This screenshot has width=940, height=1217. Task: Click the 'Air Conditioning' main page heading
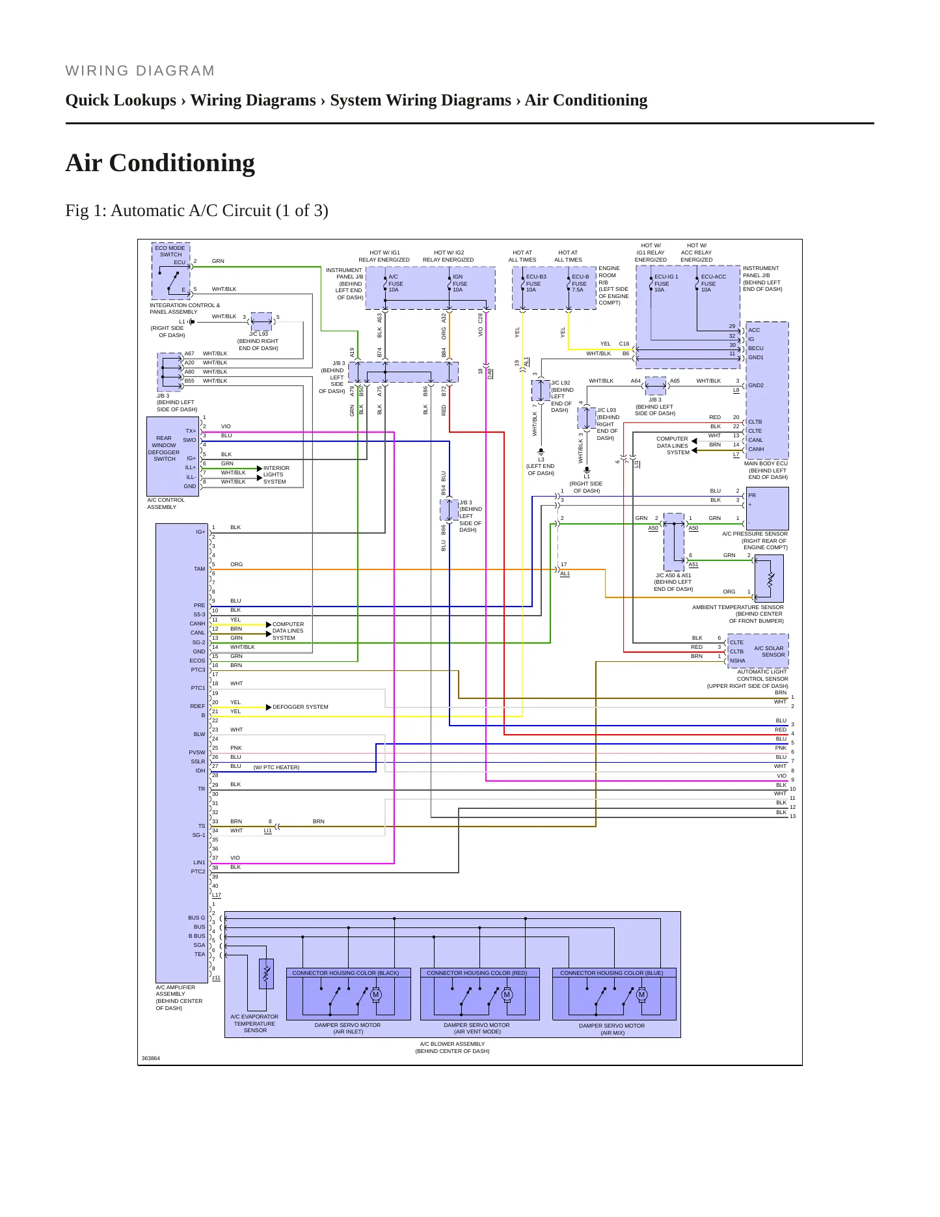[x=160, y=163]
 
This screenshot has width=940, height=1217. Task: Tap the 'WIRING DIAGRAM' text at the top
[x=140, y=71]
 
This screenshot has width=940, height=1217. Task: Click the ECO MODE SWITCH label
[x=170, y=251]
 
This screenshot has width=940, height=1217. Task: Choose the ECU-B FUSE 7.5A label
[x=579, y=283]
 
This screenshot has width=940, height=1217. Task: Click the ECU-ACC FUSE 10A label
[x=713, y=283]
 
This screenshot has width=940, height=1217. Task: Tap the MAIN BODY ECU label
[x=766, y=463]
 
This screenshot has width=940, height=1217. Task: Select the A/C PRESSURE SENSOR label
[x=755, y=534]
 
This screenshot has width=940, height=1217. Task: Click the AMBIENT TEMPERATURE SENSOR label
[x=738, y=607]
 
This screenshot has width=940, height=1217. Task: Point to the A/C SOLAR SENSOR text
[x=770, y=651]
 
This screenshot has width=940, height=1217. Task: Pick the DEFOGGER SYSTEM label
[x=301, y=707]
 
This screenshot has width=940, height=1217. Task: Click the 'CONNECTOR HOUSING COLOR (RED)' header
[x=477, y=973]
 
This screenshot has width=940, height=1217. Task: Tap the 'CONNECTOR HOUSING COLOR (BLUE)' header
[x=611, y=973]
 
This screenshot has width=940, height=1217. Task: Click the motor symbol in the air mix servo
[x=641, y=994]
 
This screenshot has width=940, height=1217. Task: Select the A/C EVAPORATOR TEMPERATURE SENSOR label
[x=254, y=1023]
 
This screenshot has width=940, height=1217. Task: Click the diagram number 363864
[x=150, y=1058]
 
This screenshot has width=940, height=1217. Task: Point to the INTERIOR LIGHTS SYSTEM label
[x=276, y=474]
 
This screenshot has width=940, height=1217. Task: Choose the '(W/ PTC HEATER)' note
[x=276, y=767]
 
